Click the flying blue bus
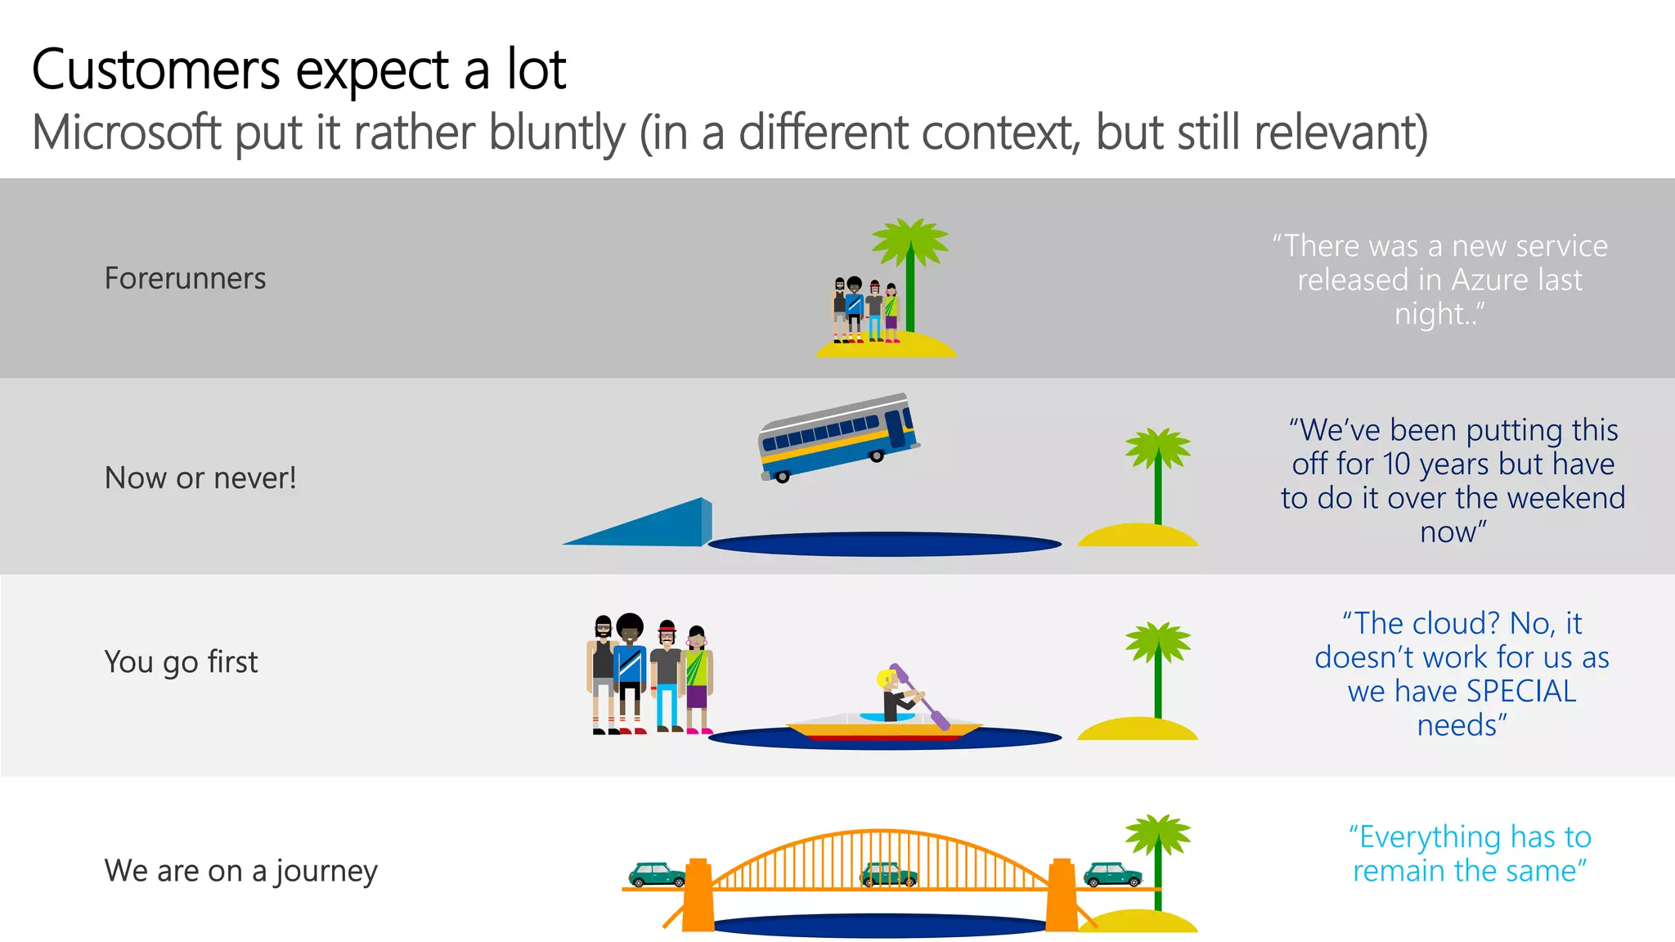[838, 437]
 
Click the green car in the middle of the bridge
[889, 874]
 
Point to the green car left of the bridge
[657, 874]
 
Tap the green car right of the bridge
[1112, 874]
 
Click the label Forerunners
[185, 279]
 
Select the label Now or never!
[200, 478]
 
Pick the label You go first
[181, 662]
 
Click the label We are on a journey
[240, 871]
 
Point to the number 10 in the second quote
[1397, 464]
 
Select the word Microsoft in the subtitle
[127, 132]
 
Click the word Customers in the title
[155, 70]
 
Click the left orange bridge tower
[698, 895]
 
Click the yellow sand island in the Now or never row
[1137, 536]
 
